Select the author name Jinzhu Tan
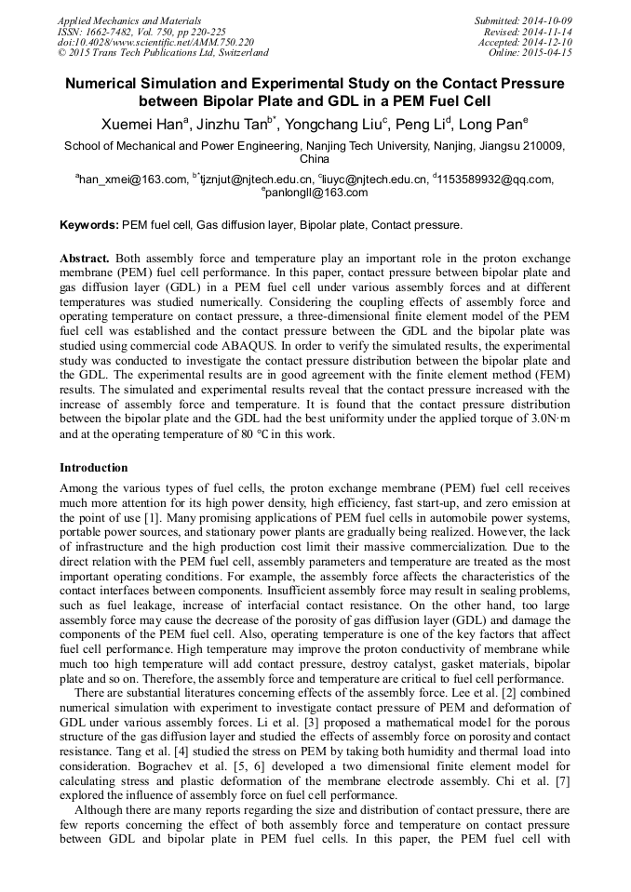point(233,124)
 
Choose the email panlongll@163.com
point(316,193)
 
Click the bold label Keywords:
point(89,225)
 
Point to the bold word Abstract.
point(86,257)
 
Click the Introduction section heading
point(93,467)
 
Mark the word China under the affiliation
point(315,159)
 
